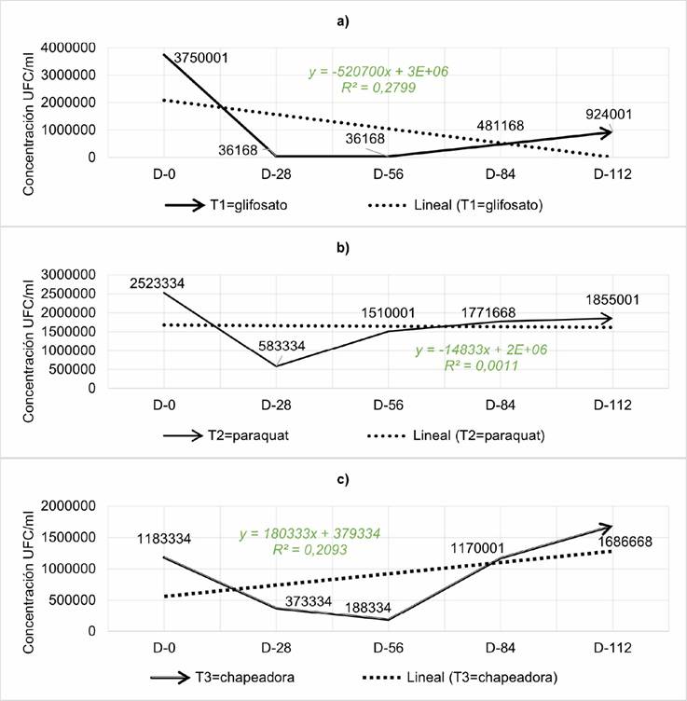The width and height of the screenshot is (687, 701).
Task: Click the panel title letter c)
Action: pos(344,480)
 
